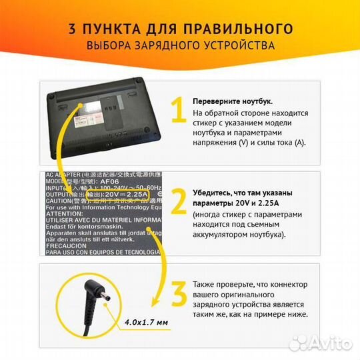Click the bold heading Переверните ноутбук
coord(231,101)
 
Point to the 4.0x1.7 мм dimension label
coord(147,323)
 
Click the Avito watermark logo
coord(326,343)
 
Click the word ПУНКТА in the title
coord(111,29)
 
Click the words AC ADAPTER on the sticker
coord(66,175)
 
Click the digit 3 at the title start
coord(71,29)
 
